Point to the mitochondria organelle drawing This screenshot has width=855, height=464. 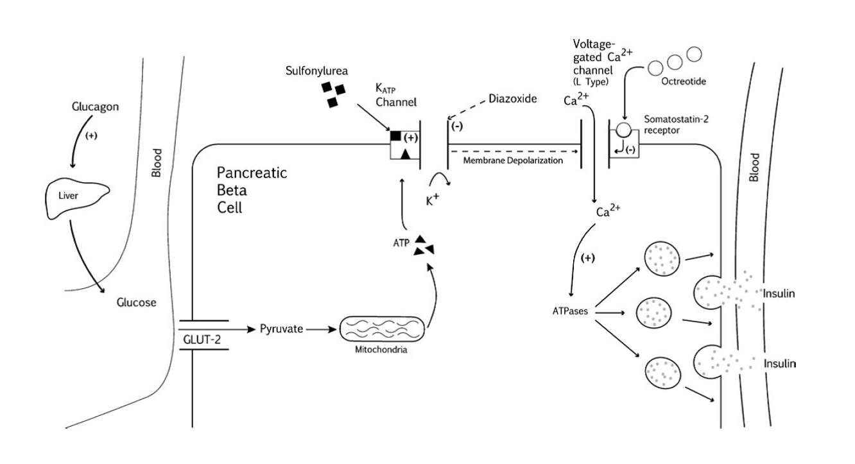[x=381, y=331]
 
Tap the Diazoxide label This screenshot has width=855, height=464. [x=512, y=99]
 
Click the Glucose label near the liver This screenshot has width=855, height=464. [x=136, y=302]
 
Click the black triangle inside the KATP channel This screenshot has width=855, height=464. [x=405, y=153]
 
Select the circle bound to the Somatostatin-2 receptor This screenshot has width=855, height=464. [x=623, y=129]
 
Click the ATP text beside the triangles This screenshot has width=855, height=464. [x=401, y=245]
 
